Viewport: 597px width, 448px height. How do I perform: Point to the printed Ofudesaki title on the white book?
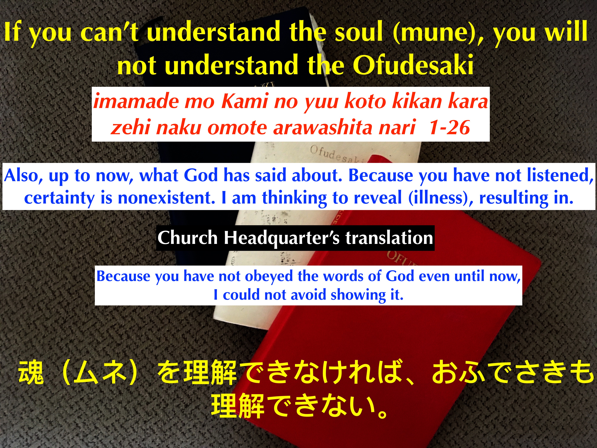337,155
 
